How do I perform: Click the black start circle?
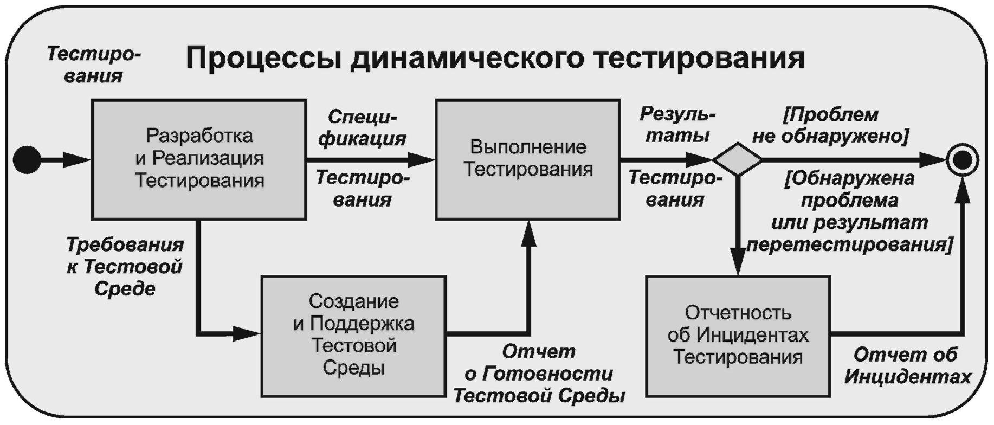point(27,160)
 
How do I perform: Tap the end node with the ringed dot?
point(963,160)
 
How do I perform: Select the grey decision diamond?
point(738,159)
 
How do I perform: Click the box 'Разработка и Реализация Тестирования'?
point(199,158)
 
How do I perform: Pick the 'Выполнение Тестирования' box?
point(528,158)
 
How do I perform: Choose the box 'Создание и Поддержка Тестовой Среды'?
point(353,335)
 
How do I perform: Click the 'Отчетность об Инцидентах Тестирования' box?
point(738,335)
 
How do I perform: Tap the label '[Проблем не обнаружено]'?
point(830,125)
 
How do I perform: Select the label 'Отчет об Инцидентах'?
point(907,365)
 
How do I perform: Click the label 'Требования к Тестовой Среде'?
point(125,267)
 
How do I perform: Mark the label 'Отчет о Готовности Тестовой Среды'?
point(539,374)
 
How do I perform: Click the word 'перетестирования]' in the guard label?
point(849,245)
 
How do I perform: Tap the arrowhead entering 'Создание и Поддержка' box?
point(246,333)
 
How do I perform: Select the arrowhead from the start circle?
point(77,160)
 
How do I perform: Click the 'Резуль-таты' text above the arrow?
point(677,125)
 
